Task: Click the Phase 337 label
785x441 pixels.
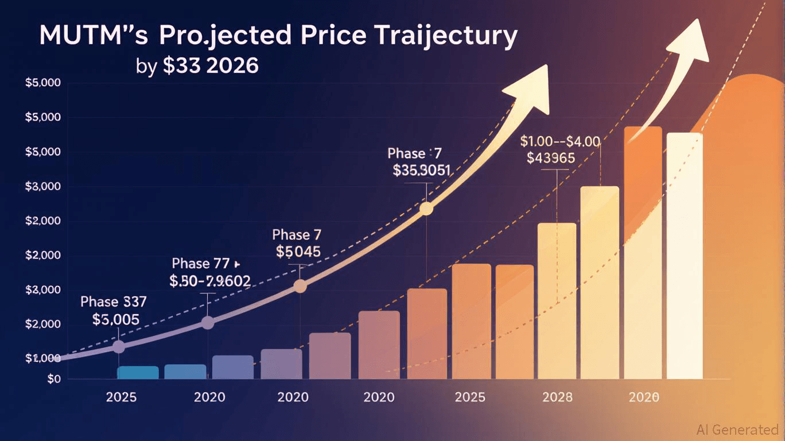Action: pos(114,301)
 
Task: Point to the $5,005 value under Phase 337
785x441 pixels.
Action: pos(115,319)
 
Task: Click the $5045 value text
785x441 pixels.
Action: pos(298,252)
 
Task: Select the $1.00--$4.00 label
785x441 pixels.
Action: pos(559,141)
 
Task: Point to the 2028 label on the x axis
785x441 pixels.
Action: pos(557,397)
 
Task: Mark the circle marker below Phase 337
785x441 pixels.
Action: pos(119,346)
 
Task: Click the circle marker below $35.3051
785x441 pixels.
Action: pos(426,209)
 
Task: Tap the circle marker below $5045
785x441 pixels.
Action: pos(300,286)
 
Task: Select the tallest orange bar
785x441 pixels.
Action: pos(643,253)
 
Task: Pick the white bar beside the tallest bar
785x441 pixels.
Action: pos(684,256)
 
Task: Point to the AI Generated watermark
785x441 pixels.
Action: pos(737,430)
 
